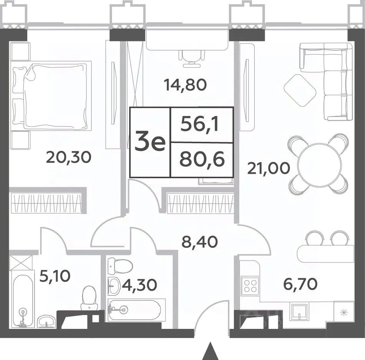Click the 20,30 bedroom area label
(x=68, y=157)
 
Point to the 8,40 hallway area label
(x=200, y=242)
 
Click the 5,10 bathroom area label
(x=55, y=276)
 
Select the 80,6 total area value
(x=202, y=160)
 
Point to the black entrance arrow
(x=210, y=351)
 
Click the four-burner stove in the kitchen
(x=250, y=285)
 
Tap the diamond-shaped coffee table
(x=300, y=90)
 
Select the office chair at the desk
(x=192, y=58)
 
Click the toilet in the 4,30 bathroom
(x=120, y=266)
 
